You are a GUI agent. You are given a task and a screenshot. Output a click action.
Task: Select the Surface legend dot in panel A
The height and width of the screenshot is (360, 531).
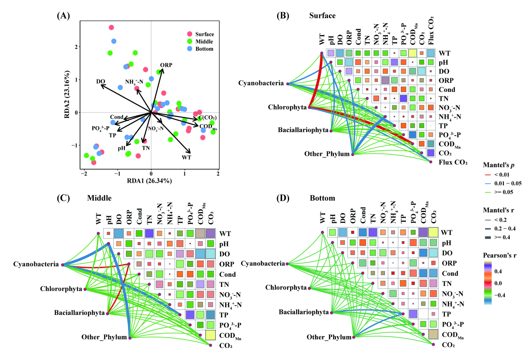pos(190,34)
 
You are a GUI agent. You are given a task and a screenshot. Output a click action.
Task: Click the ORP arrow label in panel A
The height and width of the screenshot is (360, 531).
pos(166,65)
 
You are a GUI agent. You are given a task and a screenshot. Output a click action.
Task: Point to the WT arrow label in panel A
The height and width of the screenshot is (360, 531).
pos(187,157)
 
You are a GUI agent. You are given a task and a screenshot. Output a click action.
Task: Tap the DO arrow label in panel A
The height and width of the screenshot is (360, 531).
pos(100,82)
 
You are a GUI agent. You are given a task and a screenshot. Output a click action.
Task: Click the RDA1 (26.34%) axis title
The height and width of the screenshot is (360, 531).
pos(151,181)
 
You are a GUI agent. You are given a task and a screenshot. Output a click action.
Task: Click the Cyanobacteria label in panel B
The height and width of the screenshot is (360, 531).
pos(261,83)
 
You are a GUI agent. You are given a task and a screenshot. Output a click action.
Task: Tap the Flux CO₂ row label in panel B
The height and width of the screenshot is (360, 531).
pos(453,162)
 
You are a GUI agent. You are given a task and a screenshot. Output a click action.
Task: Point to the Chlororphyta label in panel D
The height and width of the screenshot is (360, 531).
pos(286,288)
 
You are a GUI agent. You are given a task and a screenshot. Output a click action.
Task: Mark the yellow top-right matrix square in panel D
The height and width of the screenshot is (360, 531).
pos(432,232)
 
